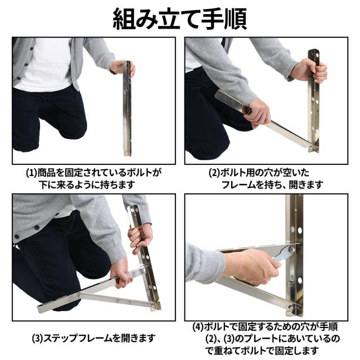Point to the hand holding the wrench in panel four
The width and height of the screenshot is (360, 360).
(253, 264)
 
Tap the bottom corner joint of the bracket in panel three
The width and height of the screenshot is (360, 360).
(154, 306)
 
